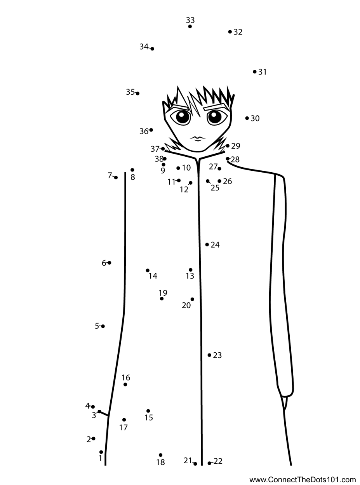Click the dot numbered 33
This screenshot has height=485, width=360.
(190, 26)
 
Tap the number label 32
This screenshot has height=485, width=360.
(238, 32)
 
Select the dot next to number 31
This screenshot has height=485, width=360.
(255, 72)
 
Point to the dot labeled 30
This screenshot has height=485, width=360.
(247, 118)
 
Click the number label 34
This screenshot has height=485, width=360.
(144, 47)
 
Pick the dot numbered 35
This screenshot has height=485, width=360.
(137, 94)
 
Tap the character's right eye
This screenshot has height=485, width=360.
(214, 116)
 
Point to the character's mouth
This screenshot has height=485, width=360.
(198, 138)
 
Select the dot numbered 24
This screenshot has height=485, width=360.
(207, 245)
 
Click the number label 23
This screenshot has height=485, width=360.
(217, 355)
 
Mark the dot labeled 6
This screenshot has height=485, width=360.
(110, 263)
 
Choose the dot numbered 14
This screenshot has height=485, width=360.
(148, 270)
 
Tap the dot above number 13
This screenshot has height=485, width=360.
(191, 270)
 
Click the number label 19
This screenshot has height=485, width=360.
(163, 293)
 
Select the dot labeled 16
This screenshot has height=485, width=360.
(125, 385)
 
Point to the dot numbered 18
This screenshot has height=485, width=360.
(160, 455)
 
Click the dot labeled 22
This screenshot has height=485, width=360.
(209, 463)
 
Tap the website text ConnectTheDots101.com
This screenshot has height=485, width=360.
(303, 480)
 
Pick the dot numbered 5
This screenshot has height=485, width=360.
(103, 326)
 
